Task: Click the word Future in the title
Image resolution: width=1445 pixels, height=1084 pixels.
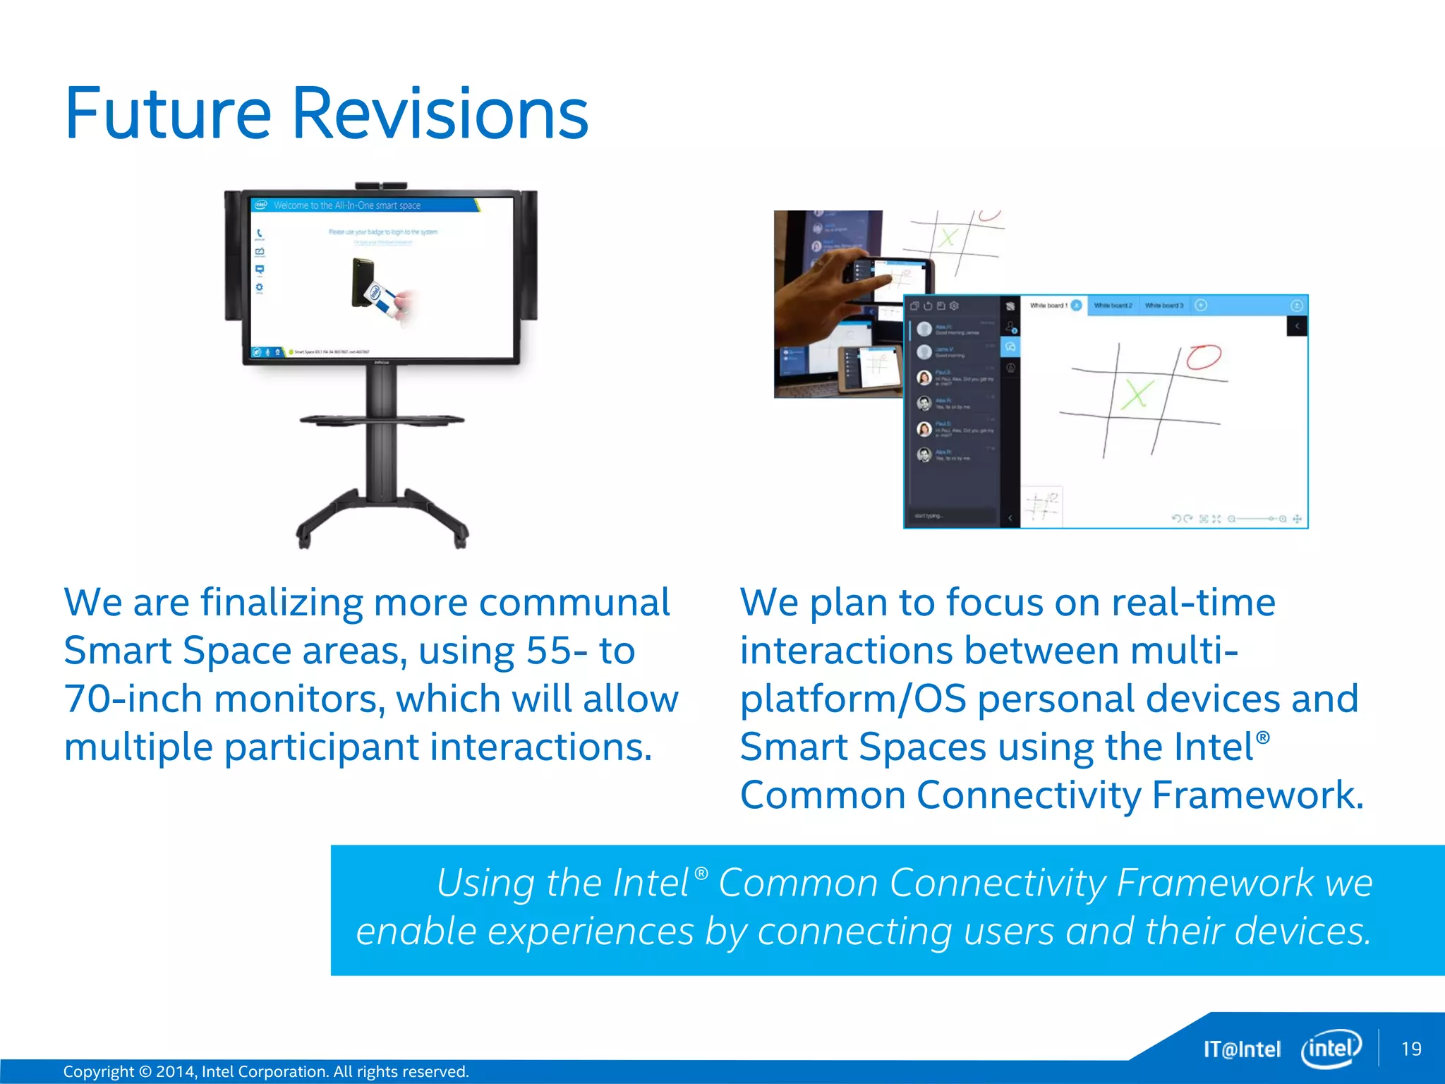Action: pos(168,113)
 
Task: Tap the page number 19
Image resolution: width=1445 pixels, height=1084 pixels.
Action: pos(1411,1049)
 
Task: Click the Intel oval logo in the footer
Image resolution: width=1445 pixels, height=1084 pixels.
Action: pos(1331,1049)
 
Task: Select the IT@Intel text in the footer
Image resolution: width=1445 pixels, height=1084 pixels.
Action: pos(1242,1049)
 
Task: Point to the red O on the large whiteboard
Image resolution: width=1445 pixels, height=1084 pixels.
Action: pos(1203,356)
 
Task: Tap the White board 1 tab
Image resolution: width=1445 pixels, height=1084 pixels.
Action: pos(1048,306)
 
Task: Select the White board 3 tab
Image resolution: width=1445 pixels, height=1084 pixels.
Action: pos(1163,306)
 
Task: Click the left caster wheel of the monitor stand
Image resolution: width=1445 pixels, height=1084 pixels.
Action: pos(304,539)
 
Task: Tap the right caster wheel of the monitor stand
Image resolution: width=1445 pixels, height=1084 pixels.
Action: pos(460,539)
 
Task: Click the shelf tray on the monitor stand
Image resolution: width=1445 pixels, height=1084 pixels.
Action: pos(382,420)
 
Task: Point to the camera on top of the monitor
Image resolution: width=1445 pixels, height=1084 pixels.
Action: pos(381,186)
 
